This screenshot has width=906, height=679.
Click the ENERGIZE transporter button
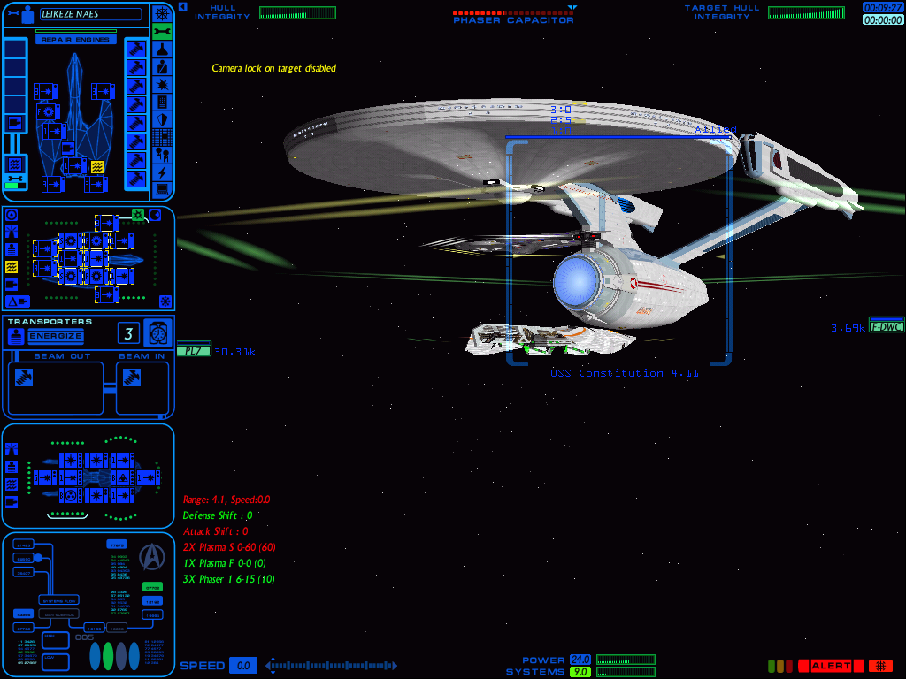56,337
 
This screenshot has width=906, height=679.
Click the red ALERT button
830,666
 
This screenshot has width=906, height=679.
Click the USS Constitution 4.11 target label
625,373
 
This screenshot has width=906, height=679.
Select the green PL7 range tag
191,351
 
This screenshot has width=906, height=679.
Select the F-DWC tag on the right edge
886,326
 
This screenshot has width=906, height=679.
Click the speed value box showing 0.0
243,666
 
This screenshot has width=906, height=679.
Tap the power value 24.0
580,660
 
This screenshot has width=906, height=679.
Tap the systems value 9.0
580,672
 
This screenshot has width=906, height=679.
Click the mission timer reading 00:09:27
883,7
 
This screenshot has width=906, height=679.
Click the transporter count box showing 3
128,333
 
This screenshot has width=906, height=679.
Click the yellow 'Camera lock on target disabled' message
273,68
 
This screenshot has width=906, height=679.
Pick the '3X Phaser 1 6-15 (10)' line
228,579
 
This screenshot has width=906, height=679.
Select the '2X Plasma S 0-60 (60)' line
228,547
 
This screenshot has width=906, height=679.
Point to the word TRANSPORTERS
50,322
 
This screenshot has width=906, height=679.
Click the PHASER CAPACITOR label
513,20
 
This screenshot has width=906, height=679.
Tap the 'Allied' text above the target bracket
715,129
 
